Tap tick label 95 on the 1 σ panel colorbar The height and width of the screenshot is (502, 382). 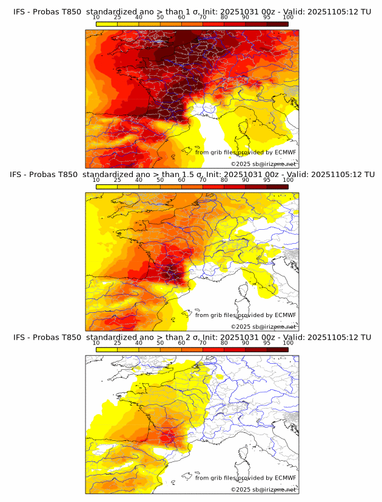coord(267,18)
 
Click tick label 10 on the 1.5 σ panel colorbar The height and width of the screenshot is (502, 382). coord(96,180)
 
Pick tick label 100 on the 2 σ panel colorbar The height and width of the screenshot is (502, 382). coord(288,343)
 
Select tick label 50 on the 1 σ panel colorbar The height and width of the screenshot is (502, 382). coord(160,18)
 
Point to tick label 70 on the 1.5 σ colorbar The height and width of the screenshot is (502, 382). coord(203,180)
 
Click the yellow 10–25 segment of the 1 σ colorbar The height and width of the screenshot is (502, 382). coord(107,24)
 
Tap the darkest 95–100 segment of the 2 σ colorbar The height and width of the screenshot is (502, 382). coord(277,349)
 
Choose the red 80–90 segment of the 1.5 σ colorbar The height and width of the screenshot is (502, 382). coord(235,186)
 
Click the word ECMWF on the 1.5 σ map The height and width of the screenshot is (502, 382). coord(285,315)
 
